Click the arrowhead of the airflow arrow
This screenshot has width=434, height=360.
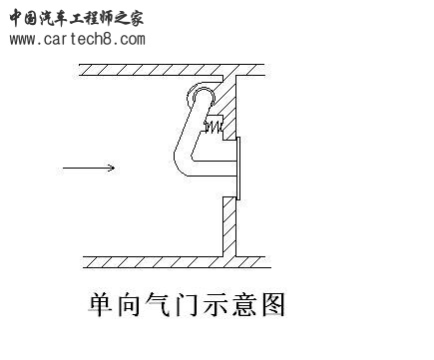pos(111,168)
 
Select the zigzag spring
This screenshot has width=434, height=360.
pos(214,126)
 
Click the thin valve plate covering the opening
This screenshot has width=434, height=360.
pos(239,169)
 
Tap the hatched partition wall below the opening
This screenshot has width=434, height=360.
pos(227,224)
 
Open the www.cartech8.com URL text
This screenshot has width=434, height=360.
pos(77,40)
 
